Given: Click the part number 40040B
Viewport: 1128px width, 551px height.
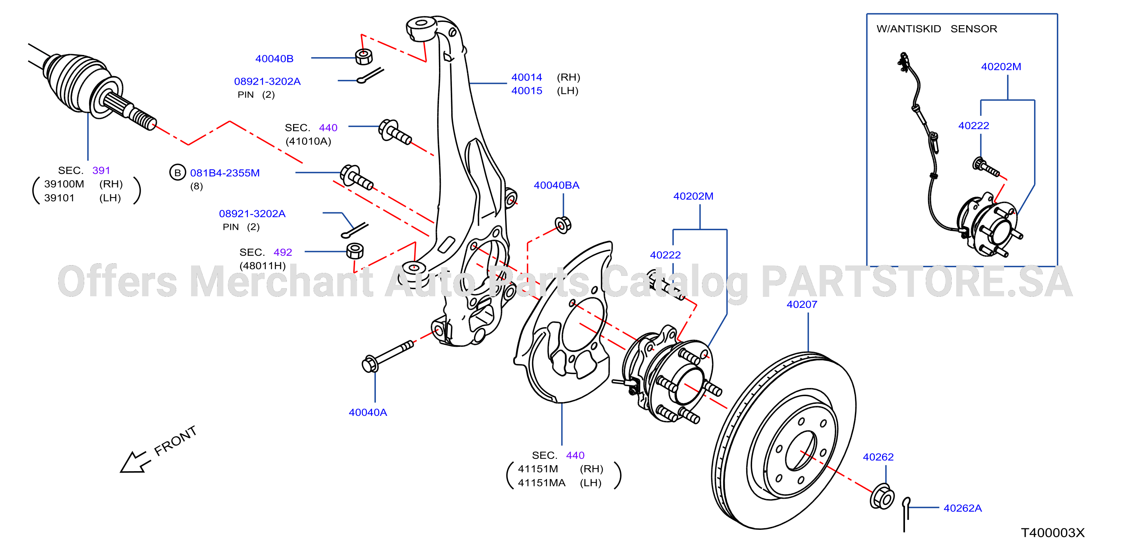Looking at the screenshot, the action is tap(274, 58).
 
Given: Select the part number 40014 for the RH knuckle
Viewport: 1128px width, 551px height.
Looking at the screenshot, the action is tap(527, 77).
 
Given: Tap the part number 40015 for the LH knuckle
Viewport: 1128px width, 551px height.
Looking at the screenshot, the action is tap(527, 91).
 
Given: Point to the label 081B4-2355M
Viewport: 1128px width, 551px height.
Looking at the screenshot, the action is tap(224, 173).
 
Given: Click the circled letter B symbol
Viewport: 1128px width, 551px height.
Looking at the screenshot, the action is tap(177, 173).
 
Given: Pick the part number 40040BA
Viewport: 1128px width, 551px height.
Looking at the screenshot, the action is tap(556, 185).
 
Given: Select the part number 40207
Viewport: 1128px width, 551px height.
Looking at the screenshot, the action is tap(802, 304).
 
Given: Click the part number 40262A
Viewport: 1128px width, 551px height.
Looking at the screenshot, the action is tap(963, 508).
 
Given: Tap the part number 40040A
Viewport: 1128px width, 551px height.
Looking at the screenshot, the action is tap(368, 413).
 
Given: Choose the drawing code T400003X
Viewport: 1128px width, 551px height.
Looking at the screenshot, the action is tap(1053, 532).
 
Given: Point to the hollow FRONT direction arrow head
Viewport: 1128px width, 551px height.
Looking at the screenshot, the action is tap(133, 463).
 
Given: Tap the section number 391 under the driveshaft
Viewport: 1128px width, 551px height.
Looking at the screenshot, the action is tap(101, 170).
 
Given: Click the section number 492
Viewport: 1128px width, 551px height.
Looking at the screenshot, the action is tap(282, 252).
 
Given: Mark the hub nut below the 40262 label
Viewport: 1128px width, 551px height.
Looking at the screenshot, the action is tap(882, 497).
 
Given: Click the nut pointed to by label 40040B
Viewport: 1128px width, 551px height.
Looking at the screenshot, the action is tap(364, 56).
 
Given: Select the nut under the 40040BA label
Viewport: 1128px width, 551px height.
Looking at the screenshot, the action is tap(563, 224).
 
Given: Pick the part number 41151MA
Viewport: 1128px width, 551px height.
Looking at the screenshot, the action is tap(542, 483).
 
